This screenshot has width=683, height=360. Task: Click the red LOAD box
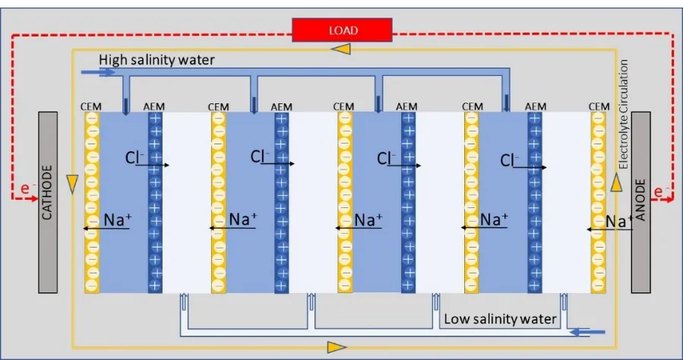coord(342,30)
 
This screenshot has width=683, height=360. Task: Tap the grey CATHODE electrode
coord(47,202)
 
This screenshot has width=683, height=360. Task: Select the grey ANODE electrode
coord(641,202)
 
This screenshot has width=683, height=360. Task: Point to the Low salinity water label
coord(500,318)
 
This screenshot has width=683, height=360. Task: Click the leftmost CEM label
coord(90,107)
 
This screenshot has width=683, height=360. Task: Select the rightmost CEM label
coord(599,107)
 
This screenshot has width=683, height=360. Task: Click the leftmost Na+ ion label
coord(119,220)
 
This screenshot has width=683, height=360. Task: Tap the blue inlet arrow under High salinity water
coord(106,73)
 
